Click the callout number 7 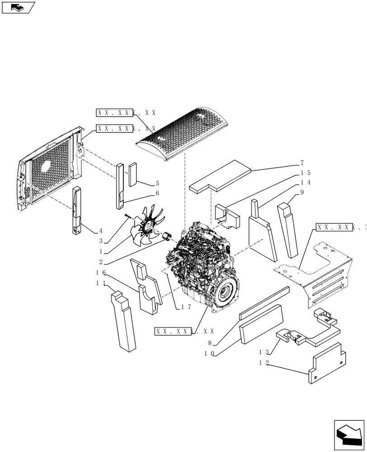point(301,163)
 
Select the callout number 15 point(305,173)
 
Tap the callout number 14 point(305,183)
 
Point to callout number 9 point(301,192)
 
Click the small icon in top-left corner point(18,7)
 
